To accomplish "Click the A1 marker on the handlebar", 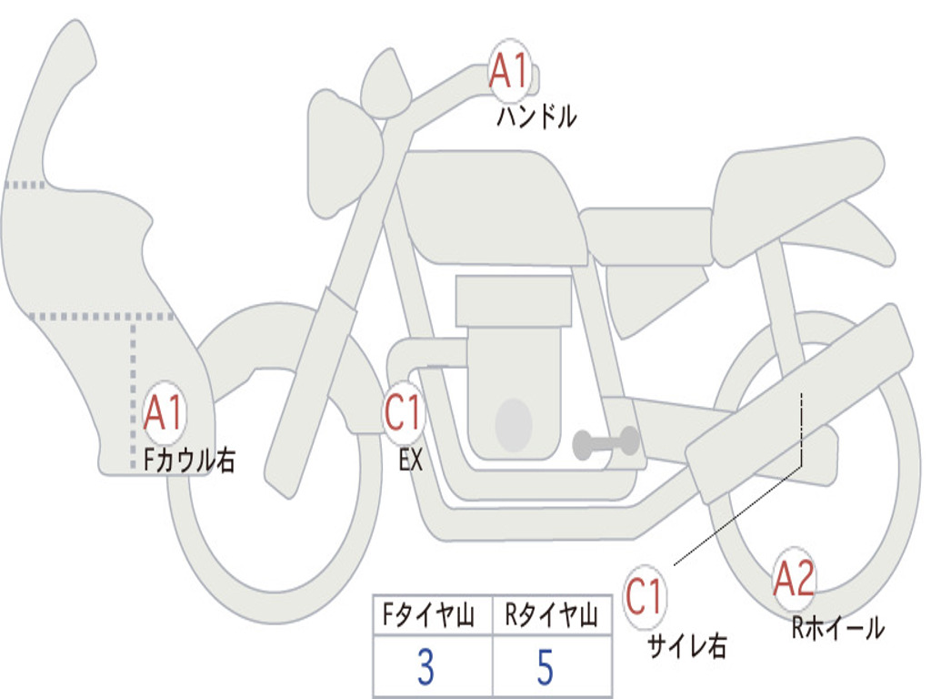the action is [510, 69].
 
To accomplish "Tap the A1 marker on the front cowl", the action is [163, 412].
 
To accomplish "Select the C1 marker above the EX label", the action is [403, 412].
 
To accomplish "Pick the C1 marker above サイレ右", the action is [644, 596].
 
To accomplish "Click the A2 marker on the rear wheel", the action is [794, 578].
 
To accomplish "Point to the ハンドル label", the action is [536, 116].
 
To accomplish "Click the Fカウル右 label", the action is [190, 460].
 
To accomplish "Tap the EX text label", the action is [411, 460].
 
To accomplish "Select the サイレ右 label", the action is [687, 645].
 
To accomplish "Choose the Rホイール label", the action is [837, 628].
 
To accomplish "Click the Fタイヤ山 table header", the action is [428, 614].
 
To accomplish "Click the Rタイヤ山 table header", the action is [551, 614].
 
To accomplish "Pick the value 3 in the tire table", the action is [425, 667].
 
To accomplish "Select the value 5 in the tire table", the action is [546, 667].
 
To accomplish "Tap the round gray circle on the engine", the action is [514, 425].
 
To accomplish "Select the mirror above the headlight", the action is [385, 83].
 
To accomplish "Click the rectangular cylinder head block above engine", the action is [513, 301].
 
